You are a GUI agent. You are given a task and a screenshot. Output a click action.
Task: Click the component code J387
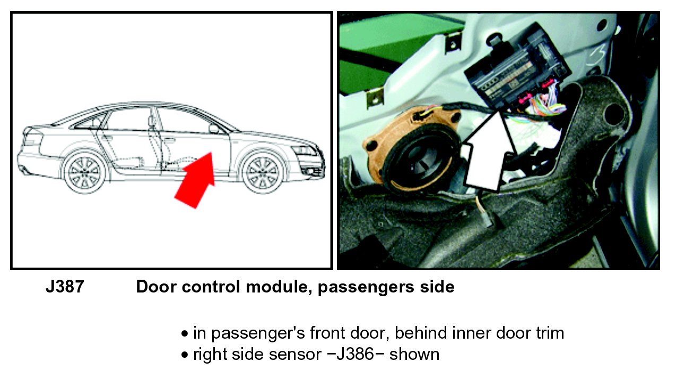pyautogui.click(x=64, y=287)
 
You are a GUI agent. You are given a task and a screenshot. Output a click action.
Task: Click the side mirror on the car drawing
pyautogui.click(x=214, y=129)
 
